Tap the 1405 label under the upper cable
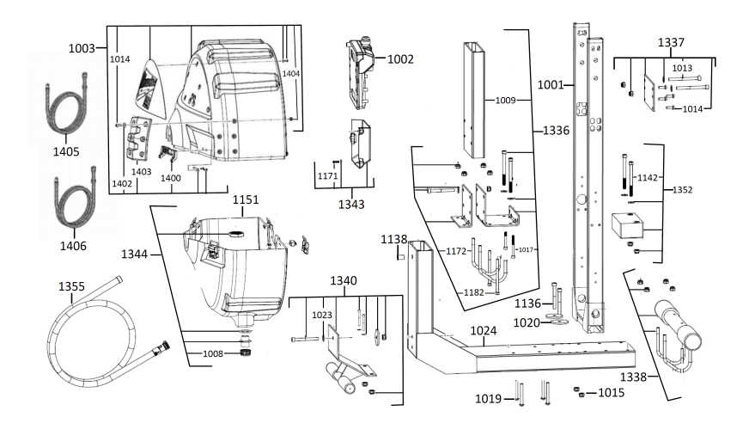point(66,152)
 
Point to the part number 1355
point(72,285)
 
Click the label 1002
point(401,59)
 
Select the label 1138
point(394,238)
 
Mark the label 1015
point(612,393)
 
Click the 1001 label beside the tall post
point(551,85)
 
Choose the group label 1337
point(672,43)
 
